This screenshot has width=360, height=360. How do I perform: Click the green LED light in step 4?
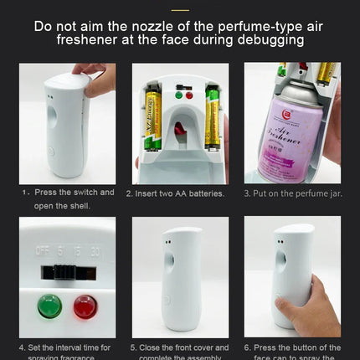(49, 306)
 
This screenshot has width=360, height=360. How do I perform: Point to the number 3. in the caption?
(248, 193)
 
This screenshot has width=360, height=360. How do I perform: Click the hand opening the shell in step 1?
(99, 80)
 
